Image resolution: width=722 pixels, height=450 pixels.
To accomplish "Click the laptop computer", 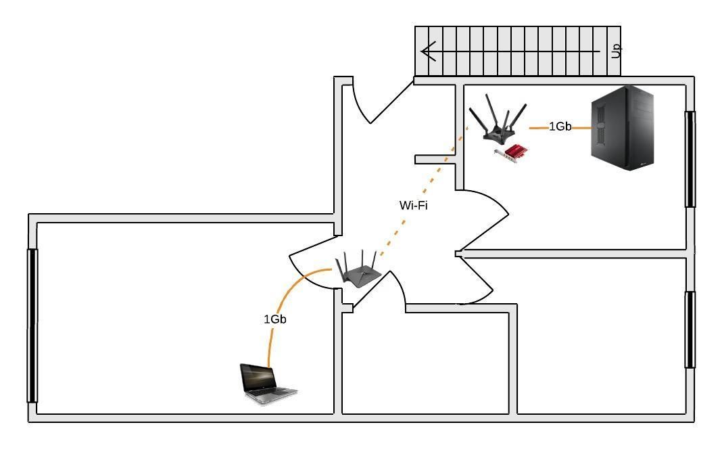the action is (x=268, y=384).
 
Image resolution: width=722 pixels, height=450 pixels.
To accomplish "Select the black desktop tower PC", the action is (x=623, y=128).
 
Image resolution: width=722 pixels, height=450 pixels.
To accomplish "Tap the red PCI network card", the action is (x=512, y=153).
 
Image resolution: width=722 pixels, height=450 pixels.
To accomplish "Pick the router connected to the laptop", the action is (x=358, y=270).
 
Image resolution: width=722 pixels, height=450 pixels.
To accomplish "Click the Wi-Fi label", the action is (x=414, y=205).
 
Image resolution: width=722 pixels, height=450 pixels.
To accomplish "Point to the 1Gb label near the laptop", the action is (x=275, y=319).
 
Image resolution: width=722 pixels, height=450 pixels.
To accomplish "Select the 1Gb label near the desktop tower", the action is (x=560, y=127).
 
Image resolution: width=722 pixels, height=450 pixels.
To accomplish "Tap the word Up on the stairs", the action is (x=616, y=50).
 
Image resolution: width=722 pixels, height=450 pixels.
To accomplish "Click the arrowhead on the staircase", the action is (x=428, y=51).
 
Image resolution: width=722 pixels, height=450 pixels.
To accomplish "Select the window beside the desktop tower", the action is (x=690, y=159).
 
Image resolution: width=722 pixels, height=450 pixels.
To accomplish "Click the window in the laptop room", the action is (x=32, y=326).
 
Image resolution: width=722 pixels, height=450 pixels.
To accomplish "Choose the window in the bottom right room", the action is (x=690, y=330).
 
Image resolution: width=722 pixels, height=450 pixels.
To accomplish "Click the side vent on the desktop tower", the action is (x=600, y=125).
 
